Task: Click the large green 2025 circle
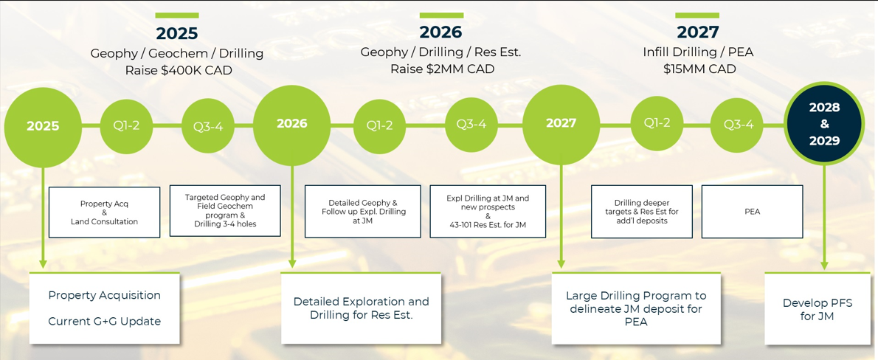point(43,126)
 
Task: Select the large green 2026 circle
point(291,124)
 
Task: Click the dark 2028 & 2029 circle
point(824,124)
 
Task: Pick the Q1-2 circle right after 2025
point(127,125)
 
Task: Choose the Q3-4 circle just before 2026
point(208,126)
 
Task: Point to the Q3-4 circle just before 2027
point(471,125)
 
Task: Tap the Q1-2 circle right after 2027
point(657,123)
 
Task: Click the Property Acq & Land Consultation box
point(104,212)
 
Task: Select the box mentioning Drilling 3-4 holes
point(225,211)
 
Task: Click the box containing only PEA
point(752,212)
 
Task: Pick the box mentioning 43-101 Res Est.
point(488,212)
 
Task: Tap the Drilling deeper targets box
point(642,212)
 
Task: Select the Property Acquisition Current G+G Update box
point(104,308)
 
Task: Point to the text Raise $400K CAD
point(177,71)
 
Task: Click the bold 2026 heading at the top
point(441,32)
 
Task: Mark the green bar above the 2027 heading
point(697,15)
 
